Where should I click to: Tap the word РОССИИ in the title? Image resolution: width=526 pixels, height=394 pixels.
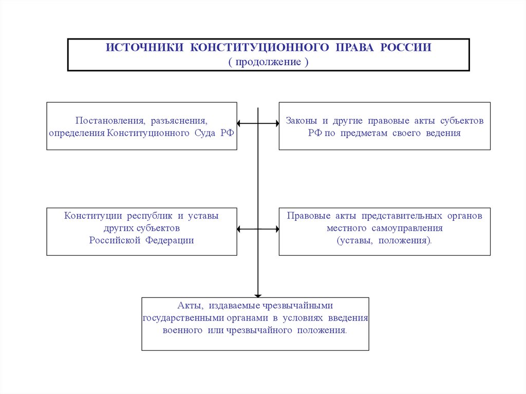pyautogui.click(x=406, y=48)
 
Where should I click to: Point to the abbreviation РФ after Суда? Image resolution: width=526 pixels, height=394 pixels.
pyautogui.click(x=227, y=133)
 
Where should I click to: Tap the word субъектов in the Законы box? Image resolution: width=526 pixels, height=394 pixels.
pyautogui.click(x=462, y=121)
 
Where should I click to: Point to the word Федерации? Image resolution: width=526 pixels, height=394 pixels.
pyautogui.click(x=170, y=240)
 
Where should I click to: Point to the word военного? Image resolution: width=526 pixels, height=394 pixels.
pyautogui.click(x=182, y=330)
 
